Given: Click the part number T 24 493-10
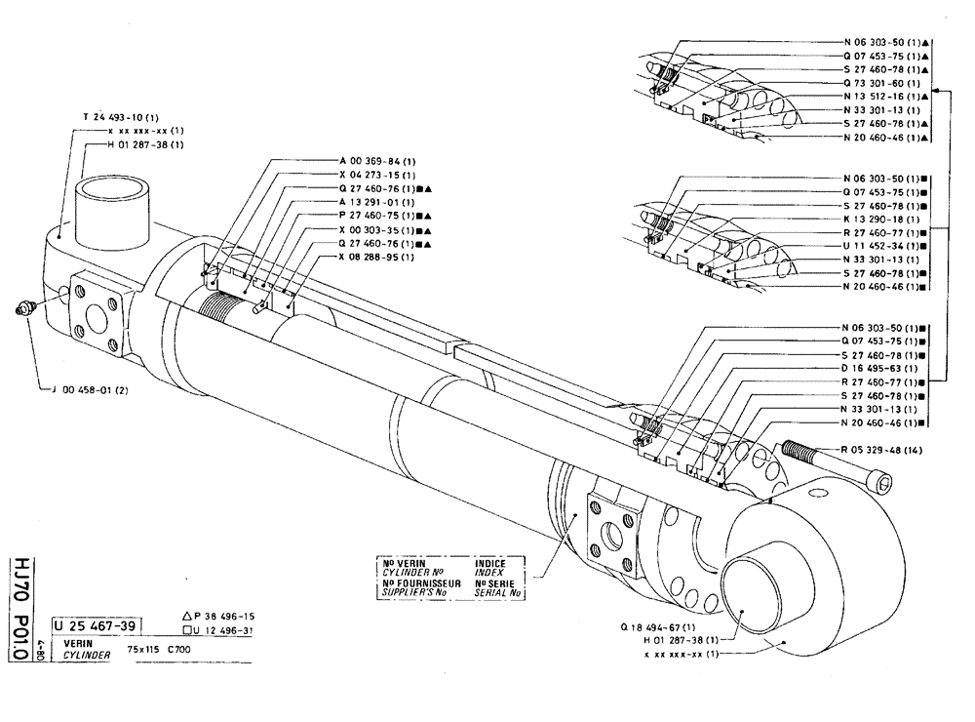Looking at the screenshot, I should pyautogui.click(x=128, y=116).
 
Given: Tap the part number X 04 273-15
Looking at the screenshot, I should pyautogui.click(x=377, y=174).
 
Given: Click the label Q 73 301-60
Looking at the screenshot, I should pyautogui.click(x=883, y=84).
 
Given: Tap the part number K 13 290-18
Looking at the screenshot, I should pyautogui.click(x=883, y=221).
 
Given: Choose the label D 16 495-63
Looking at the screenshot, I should pyautogui.click(x=883, y=370).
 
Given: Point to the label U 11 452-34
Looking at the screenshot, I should pyautogui.click(x=883, y=249).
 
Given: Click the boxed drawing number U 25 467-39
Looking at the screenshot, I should pyautogui.click(x=97, y=625).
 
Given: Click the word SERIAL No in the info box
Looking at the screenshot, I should pyautogui.click(x=496, y=593).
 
